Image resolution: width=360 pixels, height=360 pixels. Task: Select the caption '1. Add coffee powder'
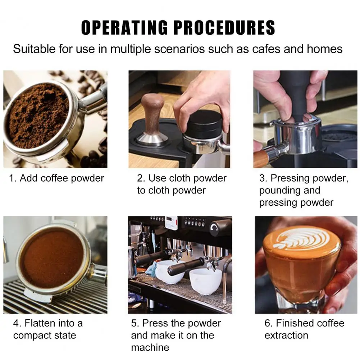click(x=56, y=178)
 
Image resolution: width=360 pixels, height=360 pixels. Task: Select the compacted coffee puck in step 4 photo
click(x=52, y=258)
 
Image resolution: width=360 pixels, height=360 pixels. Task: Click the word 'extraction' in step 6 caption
click(x=286, y=335)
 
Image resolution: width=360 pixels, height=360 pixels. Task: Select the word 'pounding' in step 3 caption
click(x=283, y=190)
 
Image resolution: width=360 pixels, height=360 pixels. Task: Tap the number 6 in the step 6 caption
click(x=268, y=323)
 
